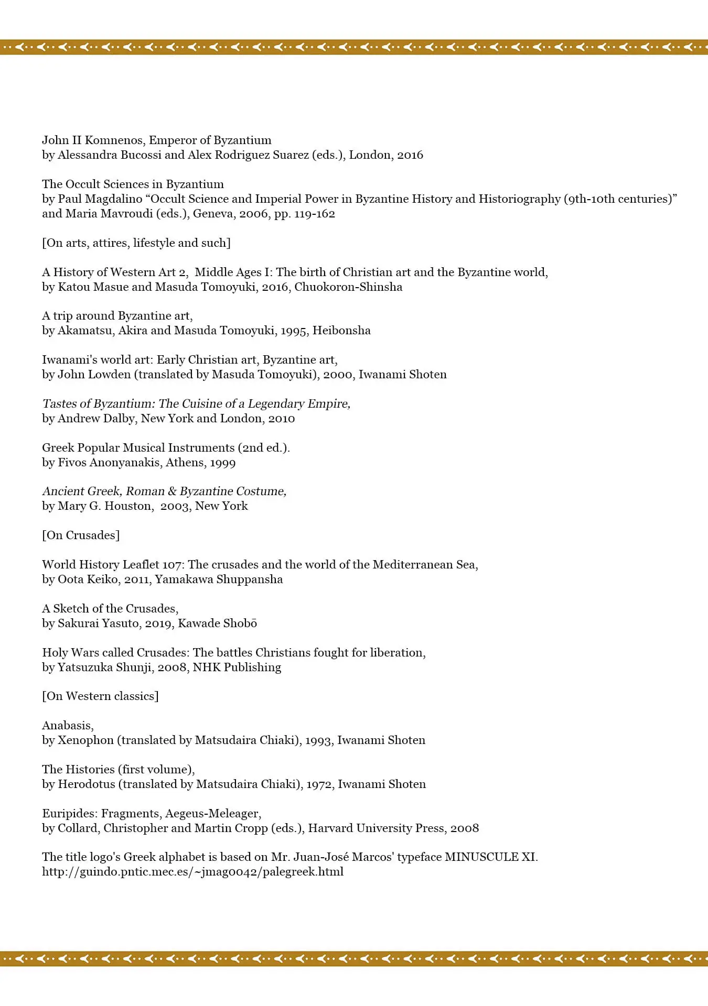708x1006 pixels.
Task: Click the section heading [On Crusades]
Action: (x=81, y=535)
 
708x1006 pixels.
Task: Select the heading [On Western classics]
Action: (x=100, y=696)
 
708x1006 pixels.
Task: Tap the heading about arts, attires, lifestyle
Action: (x=136, y=243)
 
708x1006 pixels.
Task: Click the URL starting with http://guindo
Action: (x=192, y=871)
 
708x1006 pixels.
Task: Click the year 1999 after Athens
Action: (x=222, y=462)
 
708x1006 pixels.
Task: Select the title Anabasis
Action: (x=67, y=725)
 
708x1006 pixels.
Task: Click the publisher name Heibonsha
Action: (x=341, y=330)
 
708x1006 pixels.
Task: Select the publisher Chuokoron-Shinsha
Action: (x=348, y=287)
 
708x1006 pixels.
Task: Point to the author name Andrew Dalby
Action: (x=96, y=418)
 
